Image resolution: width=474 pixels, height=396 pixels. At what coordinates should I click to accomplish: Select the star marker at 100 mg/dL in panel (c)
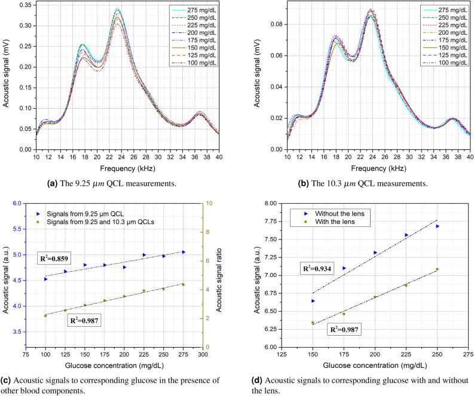pos(45,315)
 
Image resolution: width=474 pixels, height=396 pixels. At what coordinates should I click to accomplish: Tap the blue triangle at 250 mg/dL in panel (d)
pos(438,226)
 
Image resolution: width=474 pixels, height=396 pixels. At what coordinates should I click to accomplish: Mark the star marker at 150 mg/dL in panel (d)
pos(313,323)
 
